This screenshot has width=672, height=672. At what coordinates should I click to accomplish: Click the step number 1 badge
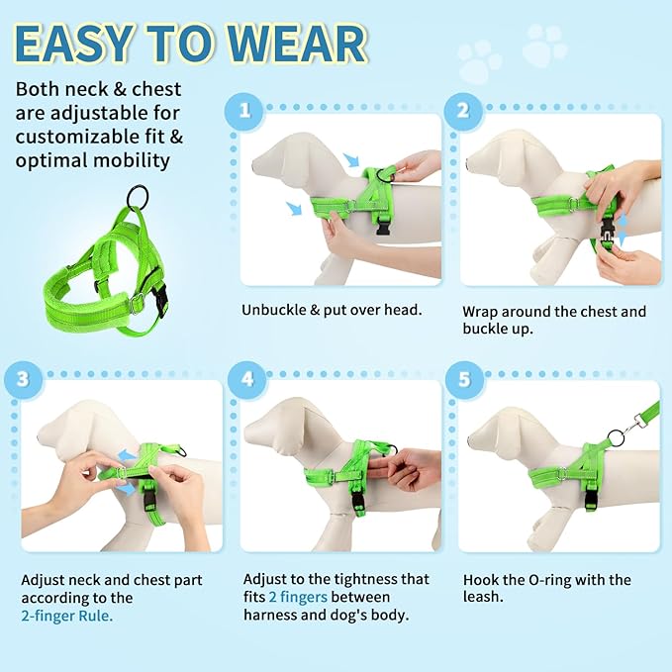click(243, 111)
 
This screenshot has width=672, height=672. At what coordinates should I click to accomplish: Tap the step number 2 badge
click(462, 111)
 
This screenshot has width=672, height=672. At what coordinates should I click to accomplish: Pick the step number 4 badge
click(243, 377)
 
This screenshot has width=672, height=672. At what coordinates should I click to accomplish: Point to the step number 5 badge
click(462, 377)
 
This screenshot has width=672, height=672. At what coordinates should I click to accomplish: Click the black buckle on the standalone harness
click(159, 299)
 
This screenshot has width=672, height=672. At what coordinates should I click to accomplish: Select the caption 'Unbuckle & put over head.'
click(332, 310)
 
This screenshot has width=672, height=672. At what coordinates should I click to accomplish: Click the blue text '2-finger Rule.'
click(67, 616)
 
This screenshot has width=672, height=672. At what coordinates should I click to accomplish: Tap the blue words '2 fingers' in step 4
click(299, 598)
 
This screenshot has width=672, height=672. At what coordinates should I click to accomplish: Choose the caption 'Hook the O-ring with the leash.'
click(546, 589)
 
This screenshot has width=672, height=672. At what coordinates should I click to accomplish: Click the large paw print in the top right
click(545, 45)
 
